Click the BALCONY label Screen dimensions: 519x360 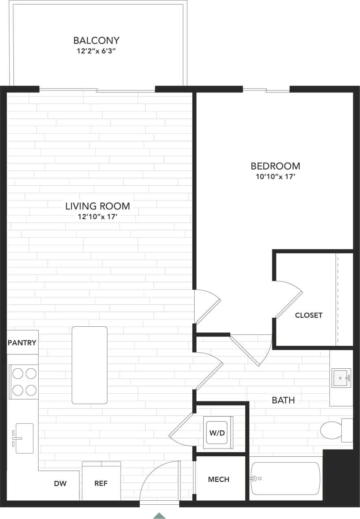96,41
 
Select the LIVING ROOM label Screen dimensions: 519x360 97,206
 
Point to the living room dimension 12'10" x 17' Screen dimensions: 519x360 97,217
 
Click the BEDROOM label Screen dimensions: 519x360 275,166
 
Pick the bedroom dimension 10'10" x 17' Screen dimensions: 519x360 275,177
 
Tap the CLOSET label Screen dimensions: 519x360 308,315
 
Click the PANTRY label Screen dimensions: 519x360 22,343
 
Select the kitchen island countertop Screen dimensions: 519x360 90,365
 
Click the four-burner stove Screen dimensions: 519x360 24,382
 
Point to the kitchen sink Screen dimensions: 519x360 24,438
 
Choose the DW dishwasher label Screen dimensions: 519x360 60,484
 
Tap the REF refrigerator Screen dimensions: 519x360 101,481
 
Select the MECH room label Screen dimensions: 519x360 219,479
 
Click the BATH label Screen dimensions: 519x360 283,400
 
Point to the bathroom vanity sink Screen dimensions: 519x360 341,378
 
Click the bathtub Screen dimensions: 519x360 285,479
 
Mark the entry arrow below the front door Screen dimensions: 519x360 159,515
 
